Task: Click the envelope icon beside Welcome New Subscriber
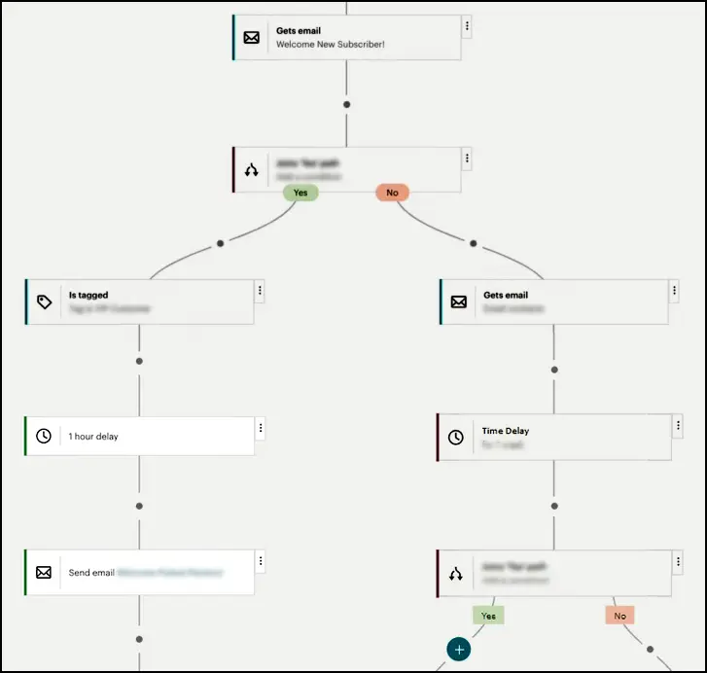[x=252, y=38]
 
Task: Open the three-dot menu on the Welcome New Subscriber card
[x=467, y=26]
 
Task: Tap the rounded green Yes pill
[x=300, y=193]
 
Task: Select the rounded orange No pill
[x=392, y=193]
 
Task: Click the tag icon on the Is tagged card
[x=44, y=302]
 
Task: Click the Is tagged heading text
[x=88, y=295]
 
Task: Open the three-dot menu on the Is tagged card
[x=260, y=291]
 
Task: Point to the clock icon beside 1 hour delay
[x=44, y=437]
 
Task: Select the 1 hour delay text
[x=93, y=437]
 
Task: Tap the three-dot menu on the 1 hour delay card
[x=260, y=428]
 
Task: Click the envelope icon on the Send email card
[x=44, y=573]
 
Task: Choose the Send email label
[x=90, y=573]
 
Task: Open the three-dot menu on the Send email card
[x=260, y=561]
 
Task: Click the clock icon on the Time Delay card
[x=456, y=438]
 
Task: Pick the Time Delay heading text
[x=506, y=431]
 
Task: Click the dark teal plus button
[x=459, y=650]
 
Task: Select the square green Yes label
[x=488, y=616]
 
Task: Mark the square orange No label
[x=619, y=616]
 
